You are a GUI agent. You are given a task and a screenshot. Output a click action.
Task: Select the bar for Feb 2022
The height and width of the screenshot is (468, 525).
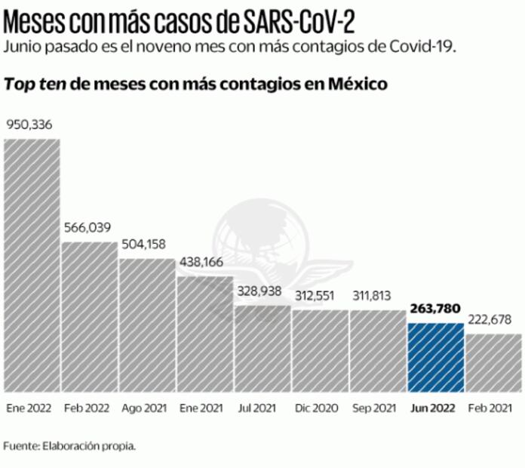(90, 317)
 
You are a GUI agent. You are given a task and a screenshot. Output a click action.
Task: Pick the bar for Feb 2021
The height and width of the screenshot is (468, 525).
(493, 363)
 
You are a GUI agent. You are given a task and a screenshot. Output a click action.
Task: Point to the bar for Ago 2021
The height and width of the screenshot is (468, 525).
(148, 325)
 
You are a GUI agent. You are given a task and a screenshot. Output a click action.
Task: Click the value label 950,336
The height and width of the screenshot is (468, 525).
(29, 125)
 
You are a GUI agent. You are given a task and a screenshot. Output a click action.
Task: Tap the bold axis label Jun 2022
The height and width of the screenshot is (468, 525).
(435, 408)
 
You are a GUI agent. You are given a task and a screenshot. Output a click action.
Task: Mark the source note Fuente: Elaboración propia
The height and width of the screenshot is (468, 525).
(69, 445)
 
